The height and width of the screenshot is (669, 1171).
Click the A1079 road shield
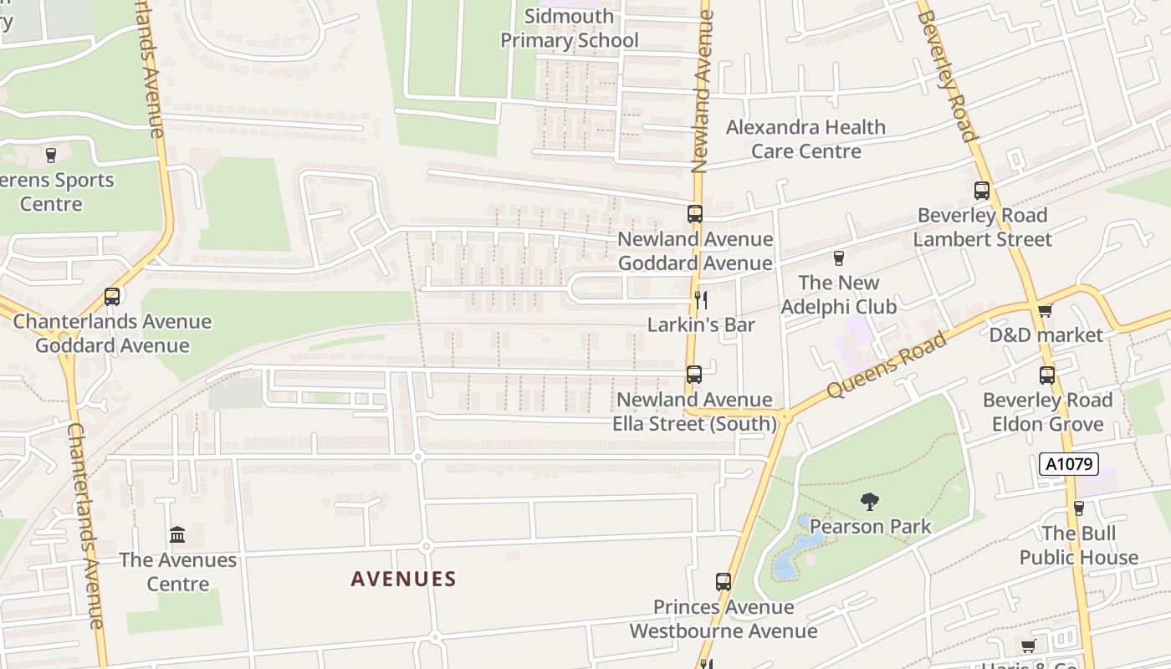tap(1068, 464)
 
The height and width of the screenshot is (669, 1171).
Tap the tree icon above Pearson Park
tap(870, 502)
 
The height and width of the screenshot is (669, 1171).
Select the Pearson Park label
tap(870, 526)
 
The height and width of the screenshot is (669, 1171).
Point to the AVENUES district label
tap(403, 579)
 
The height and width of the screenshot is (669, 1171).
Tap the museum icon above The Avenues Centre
tap(177, 534)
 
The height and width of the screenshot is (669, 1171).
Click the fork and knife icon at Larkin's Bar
tap(701, 300)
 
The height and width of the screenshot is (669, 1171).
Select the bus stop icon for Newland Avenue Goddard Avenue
tap(695, 214)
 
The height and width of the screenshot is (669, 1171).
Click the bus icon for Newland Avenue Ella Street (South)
tap(693, 375)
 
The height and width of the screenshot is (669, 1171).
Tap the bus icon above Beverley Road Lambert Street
tap(982, 191)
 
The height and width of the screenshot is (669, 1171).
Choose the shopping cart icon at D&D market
tap(1045, 311)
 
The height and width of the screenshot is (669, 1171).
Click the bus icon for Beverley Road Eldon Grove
tap(1047, 375)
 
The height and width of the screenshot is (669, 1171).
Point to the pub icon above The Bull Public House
tap(1079, 508)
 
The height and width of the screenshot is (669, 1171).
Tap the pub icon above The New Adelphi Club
tap(839, 258)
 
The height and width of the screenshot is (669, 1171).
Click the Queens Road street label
tap(887, 365)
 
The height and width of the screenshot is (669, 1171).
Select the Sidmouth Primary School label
tap(570, 28)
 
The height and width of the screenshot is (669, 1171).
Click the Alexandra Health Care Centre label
tap(805, 139)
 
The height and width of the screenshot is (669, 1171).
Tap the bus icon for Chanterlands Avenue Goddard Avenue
tap(112, 296)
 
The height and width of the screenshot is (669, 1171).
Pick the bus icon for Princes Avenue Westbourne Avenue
tap(724, 582)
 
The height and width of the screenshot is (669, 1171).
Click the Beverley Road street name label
tap(948, 71)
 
